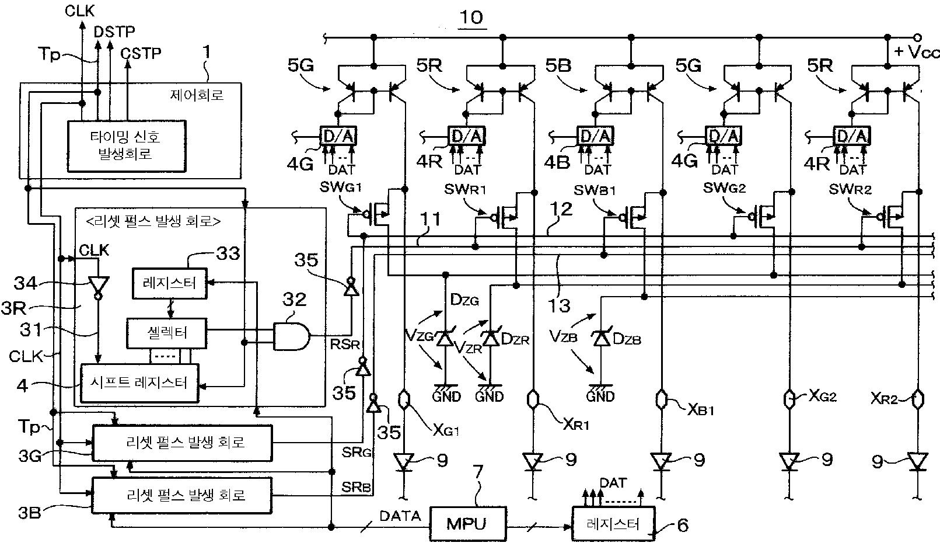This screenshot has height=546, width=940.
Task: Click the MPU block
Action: pyautogui.click(x=467, y=523)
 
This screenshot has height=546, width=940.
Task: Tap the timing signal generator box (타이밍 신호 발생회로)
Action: pyautogui.click(x=126, y=146)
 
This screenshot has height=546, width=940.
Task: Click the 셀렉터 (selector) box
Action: pyautogui.click(x=167, y=333)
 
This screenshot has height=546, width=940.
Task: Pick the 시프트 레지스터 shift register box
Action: pyautogui.click(x=139, y=383)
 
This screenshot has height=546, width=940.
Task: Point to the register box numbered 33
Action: pyautogui.click(x=170, y=283)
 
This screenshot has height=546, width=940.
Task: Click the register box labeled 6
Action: pyautogui.click(x=613, y=524)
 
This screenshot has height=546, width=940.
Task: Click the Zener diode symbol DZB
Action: pyautogui.click(x=602, y=338)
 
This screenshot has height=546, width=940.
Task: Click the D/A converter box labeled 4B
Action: pyautogui.click(x=595, y=135)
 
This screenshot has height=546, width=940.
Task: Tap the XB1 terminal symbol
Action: pyautogui.click(x=661, y=399)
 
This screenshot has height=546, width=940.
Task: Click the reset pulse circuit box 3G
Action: pyautogui.click(x=182, y=443)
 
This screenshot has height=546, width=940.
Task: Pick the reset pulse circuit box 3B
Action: pyautogui.click(x=182, y=495)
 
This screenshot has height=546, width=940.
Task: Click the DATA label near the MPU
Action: pyautogui.click(x=400, y=516)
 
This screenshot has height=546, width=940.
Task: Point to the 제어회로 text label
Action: pyautogui.click(x=197, y=95)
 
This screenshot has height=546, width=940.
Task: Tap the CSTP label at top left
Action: pyautogui.click(x=141, y=53)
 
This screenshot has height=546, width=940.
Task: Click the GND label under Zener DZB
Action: pyautogui.click(x=600, y=397)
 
